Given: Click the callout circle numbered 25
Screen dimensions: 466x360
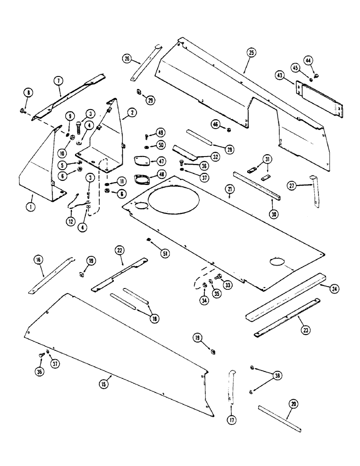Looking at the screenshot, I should pyautogui.click(x=251, y=54).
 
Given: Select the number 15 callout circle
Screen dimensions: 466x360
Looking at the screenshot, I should pyautogui.click(x=103, y=384).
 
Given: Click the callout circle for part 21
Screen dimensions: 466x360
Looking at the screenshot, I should pyautogui.click(x=230, y=188).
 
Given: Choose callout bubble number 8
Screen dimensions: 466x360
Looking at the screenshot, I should pyautogui.click(x=28, y=93).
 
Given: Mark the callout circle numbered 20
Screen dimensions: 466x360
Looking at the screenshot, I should pyautogui.click(x=294, y=404).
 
